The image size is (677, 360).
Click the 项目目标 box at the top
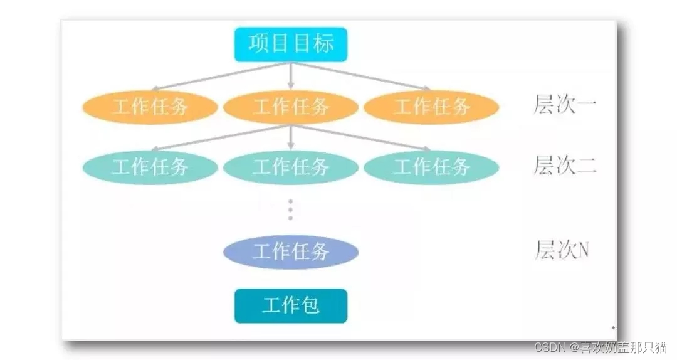[290, 45]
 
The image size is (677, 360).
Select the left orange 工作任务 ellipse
[150, 107]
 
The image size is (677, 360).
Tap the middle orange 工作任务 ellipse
[290, 107]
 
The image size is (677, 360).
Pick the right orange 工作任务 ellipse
[431, 107]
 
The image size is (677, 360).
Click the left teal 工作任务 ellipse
[150, 167]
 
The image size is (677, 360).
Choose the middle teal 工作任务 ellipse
[290, 167]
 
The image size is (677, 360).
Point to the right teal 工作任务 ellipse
[431, 167]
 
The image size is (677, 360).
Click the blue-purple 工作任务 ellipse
[290, 252]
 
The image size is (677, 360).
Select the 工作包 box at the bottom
[290, 306]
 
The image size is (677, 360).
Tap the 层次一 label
[564, 105]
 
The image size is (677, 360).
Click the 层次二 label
[564, 166]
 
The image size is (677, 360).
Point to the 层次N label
[562, 250]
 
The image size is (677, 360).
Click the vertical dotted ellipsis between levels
[290, 209]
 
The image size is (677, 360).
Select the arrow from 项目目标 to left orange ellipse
[219, 77]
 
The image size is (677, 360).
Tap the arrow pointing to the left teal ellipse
[219, 137]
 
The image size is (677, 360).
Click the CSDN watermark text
[600, 347]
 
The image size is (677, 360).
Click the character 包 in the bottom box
[310, 306]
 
